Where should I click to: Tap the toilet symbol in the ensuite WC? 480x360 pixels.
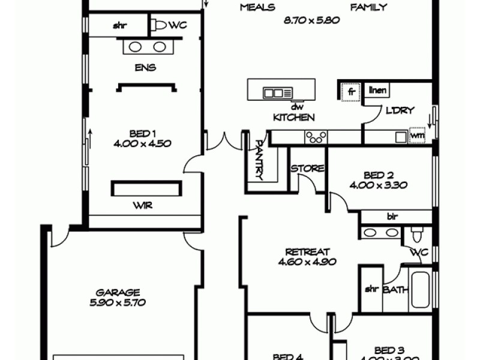159,25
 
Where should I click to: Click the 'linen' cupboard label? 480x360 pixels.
377,91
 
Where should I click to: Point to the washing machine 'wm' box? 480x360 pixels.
417,136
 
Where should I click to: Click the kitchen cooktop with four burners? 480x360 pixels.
316,137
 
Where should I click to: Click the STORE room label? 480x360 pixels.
308,169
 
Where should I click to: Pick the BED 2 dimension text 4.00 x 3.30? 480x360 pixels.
382,185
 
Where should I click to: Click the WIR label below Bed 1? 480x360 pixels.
143,206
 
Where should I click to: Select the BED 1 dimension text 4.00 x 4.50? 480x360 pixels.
142,143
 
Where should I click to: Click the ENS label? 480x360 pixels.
145,68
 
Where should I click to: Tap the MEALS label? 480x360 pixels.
257,8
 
